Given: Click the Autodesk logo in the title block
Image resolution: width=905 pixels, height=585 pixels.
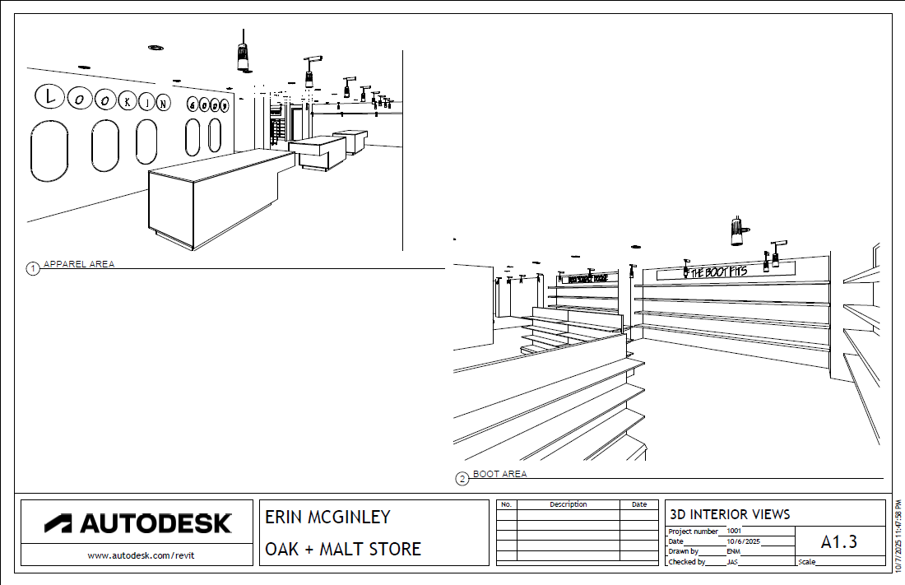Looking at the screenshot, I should click(x=137, y=522).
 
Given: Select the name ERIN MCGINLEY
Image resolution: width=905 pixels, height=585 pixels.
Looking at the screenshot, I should click(x=327, y=518).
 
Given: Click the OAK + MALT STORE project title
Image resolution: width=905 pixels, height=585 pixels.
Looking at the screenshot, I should click(x=343, y=549).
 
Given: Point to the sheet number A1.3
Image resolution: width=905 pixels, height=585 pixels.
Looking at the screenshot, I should click(x=839, y=541).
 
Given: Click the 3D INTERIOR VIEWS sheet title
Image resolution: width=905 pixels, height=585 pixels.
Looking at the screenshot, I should click(x=730, y=514).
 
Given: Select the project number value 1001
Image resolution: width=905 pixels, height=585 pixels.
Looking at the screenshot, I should click(x=734, y=532).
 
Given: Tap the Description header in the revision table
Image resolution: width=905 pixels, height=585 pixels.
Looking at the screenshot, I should click(x=568, y=504).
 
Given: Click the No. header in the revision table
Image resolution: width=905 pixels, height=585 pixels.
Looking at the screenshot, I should click(x=507, y=504).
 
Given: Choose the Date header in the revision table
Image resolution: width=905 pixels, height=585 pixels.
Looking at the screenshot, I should click(x=639, y=504).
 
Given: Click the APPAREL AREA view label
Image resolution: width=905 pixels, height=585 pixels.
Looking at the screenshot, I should click(x=79, y=264).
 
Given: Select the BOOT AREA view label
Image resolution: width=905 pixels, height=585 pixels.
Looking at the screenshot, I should click(x=500, y=474).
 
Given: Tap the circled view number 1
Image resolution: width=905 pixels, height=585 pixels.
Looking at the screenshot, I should click(x=33, y=268).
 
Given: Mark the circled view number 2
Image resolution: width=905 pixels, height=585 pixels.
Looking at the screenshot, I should click(x=462, y=478).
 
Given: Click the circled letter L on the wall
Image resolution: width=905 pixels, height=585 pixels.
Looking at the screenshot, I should click(x=50, y=96).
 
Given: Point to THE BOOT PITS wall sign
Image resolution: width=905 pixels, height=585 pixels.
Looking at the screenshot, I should click(x=717, y=271).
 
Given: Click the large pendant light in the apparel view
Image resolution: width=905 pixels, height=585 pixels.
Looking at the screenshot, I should click(x=243, y=54).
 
